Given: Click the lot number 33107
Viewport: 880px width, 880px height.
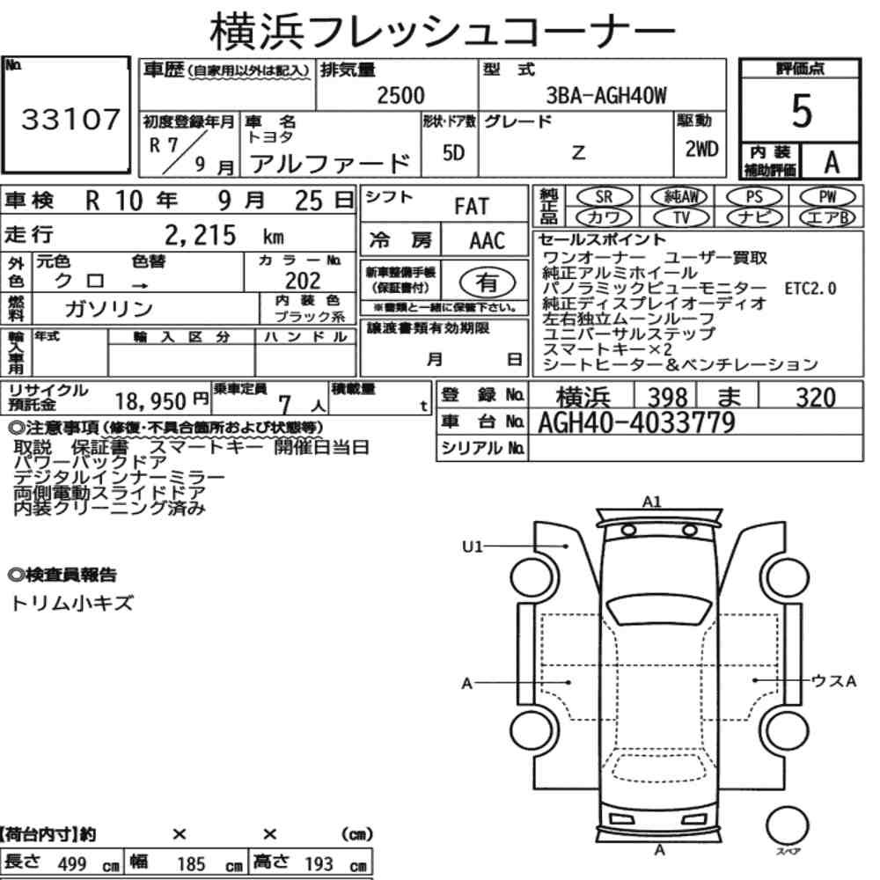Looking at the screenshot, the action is tap(70, 119).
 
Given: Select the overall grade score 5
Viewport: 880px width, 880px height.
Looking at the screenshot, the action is tap(802, 111).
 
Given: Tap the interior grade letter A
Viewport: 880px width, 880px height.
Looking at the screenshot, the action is tap(832, 163).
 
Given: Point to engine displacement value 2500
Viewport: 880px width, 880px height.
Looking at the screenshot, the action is tap(400, 95).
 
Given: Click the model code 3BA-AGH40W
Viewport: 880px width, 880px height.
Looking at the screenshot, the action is tap(606, 95).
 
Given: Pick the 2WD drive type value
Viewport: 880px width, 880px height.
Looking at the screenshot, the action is tap(701, 149).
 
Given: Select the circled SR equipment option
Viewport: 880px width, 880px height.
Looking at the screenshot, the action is tap(604, 197).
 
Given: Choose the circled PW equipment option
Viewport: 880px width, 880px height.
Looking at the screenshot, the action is tap(827, 197).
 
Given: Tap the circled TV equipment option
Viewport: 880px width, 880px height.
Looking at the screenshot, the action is tap(681, 217).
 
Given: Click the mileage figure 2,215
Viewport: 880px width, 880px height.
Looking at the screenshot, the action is tap(201, 235).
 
